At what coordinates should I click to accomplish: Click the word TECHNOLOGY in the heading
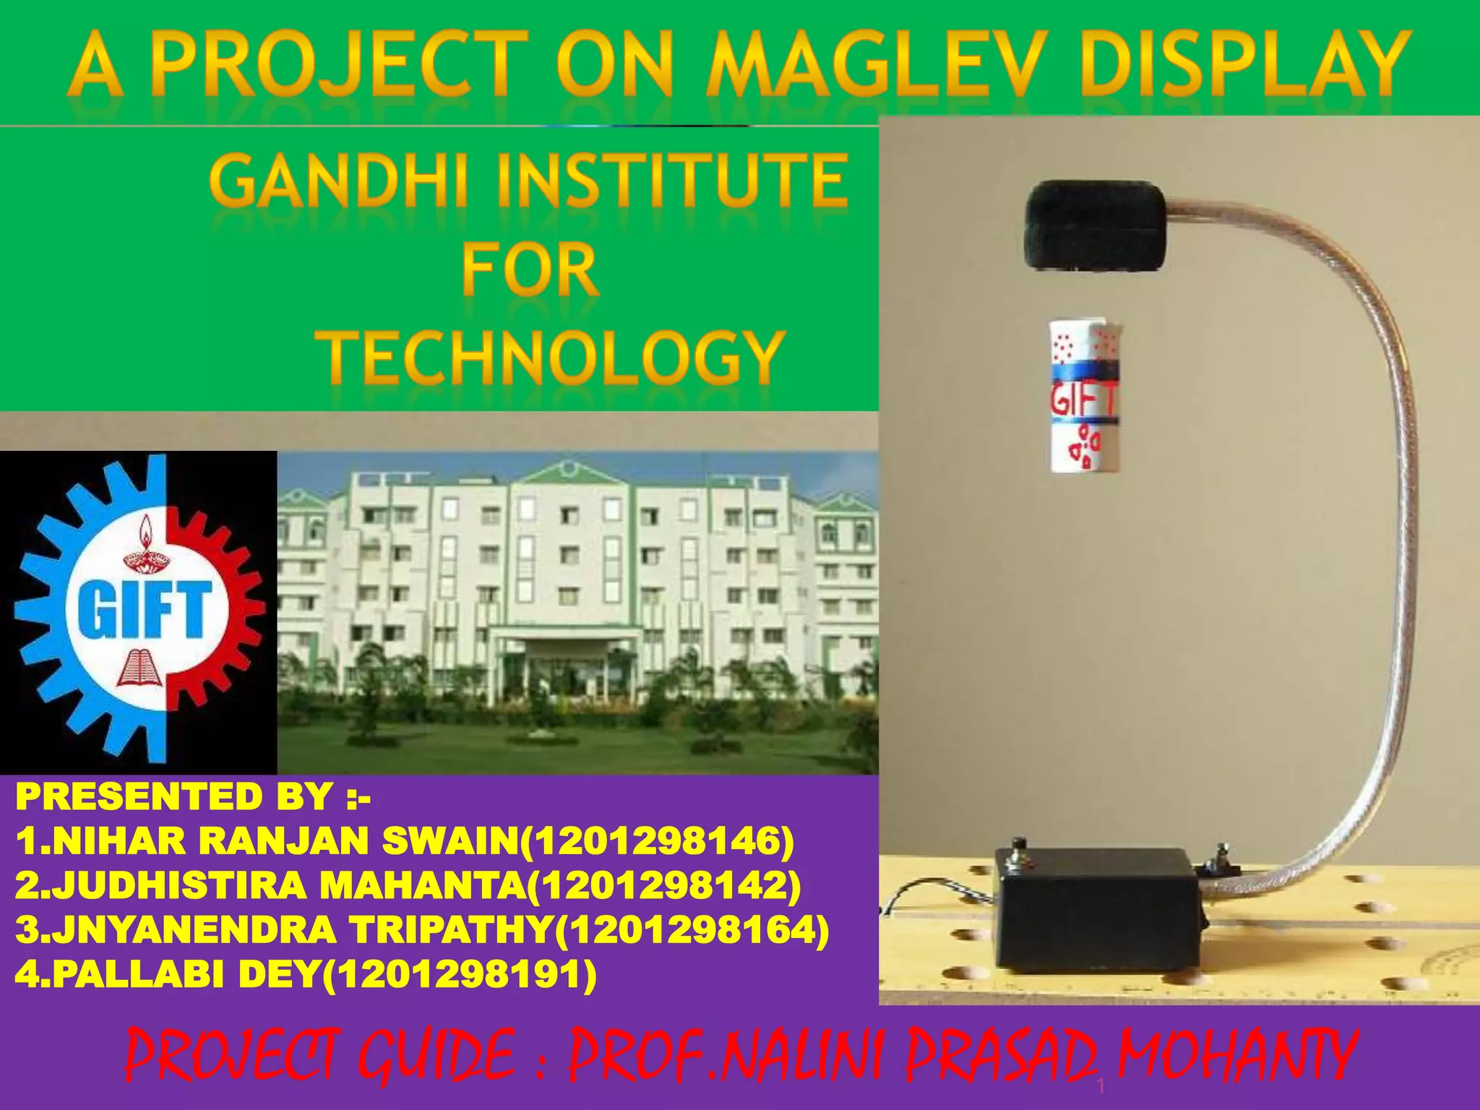point(553,358)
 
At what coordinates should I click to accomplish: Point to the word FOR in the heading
point(530,270)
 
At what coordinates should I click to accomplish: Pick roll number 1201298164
point(690,930)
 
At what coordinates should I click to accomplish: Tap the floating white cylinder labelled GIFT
point(1084,397)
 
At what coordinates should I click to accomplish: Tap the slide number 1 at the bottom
point(1101,1085)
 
